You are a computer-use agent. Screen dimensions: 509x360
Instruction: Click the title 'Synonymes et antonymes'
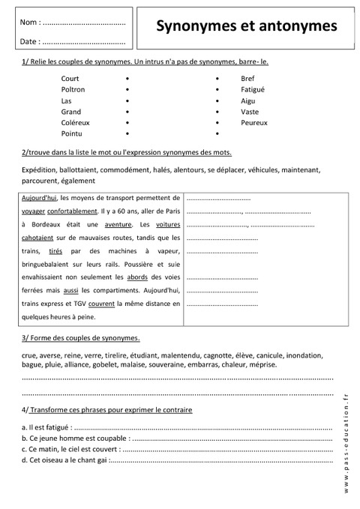pyautogui.click(x=246, y=26)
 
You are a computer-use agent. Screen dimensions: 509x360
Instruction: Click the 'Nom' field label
pyautogui.click(x=31, y=24)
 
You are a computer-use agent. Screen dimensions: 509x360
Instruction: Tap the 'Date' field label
pyautogui.click(x=31, y=42)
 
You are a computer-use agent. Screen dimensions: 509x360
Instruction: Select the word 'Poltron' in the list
pyautogui.click(x=73, y=89)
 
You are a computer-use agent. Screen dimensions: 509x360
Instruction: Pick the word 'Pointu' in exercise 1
pyautogui.click(x=73, y=133)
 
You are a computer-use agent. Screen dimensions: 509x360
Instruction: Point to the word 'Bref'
pyautogui.click(x=248, y=78)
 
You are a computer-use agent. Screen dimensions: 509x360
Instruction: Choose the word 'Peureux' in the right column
pyautogui.click(x=254, y=122)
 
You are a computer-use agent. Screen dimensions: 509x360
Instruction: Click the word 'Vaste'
pyautogui.click(x=250, y=111)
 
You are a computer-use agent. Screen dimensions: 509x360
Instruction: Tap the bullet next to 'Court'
pyautogui.click(x=127, y=78)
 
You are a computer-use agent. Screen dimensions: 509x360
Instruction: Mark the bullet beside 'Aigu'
pyautogui.click(x=217, y=100)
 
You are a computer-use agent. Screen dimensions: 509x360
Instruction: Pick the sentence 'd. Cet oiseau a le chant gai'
pyautogui.click(x=64, y=460)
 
